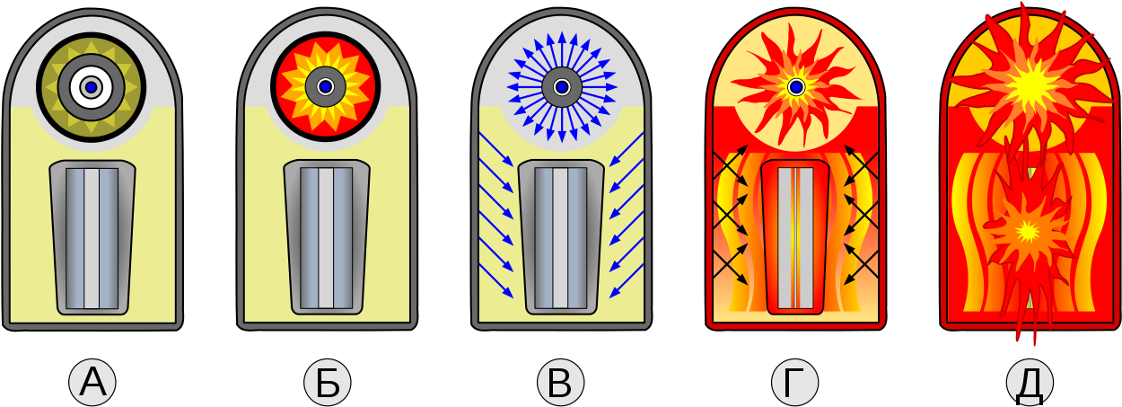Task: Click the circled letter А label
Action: coord(92,383)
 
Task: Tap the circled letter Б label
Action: coord(327,383)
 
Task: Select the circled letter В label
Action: coord(560,383)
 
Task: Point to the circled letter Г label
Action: coord(795,383)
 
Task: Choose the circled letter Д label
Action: coord(1030,383)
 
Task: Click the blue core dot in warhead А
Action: coord(91,87)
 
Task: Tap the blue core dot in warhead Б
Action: coord(326,87)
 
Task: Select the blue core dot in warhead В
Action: coord(562,87)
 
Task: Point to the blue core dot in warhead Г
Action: coord(796,87)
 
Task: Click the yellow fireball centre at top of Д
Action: coord(1030,87)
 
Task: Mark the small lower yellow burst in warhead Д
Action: coord(1028,231)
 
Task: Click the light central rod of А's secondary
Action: coord(92,238)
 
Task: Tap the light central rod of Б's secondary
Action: coord(326,238)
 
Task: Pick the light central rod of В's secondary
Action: coord(560,238)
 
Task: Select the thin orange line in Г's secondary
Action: coord(795,238)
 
